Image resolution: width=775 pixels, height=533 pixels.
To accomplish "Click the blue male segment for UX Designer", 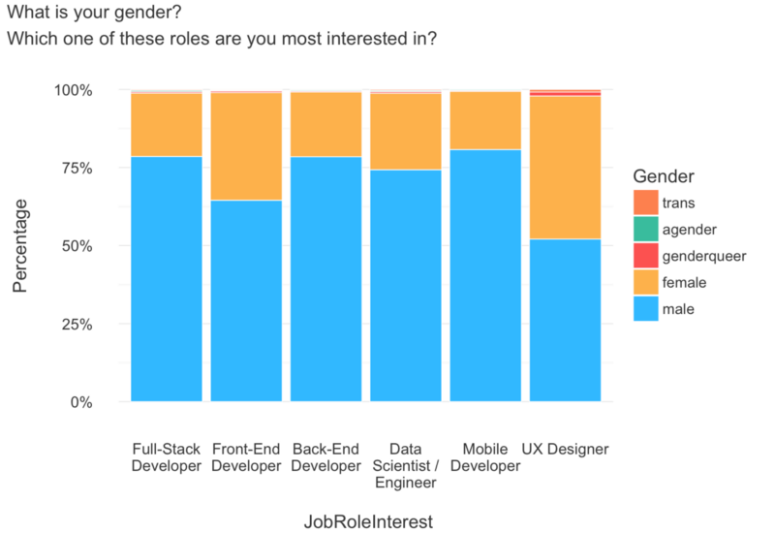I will [x=565, y=320].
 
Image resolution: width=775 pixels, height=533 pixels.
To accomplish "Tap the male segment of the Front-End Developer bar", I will [x=246, y=300].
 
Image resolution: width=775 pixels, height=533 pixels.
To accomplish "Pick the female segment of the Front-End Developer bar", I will [x=246, y=146].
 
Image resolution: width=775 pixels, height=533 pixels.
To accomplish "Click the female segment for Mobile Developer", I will [x=485, y=120].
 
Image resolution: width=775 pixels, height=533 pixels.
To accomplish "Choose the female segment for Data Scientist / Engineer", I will [x=406, y=131].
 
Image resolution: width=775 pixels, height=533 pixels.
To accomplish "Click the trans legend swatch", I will [x=645, y=204].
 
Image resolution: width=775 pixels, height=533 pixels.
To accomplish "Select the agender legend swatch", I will [x=645, y=230].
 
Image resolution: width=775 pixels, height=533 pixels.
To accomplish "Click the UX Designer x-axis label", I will [x=565, y=450].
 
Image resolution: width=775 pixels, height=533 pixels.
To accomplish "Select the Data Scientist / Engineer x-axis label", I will [x=406, y=465].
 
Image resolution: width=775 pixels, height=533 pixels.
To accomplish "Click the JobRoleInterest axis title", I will [x=367, y=521].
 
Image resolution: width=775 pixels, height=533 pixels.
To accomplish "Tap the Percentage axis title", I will [x=20, y=246].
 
